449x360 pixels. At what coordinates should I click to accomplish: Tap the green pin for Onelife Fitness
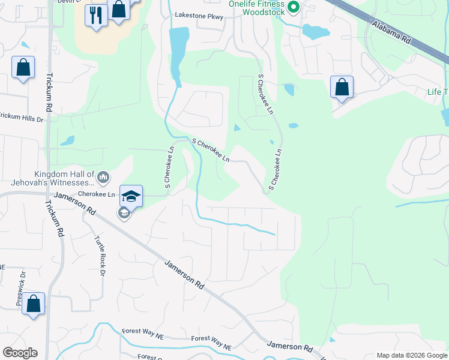click(x=294, y=8)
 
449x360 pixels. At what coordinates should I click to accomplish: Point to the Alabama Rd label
click(x=390, y=32)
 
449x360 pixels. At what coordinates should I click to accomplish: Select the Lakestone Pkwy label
click(x=199, y=16)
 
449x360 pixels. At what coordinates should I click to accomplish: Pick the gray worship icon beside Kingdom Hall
click(x=103, y=177)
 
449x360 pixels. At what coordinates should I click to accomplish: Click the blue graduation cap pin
click(x=131, y=196)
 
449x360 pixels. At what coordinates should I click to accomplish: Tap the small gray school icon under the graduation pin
click(x=124, y=213)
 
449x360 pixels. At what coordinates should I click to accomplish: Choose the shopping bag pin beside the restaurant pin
click(x=119, y=10)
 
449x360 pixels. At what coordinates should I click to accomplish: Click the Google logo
click(x=20, y=353)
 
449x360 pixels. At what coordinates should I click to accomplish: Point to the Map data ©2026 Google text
click(x=412, y=355)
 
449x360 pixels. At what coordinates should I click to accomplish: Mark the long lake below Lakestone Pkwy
click(x=177, y=51)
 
